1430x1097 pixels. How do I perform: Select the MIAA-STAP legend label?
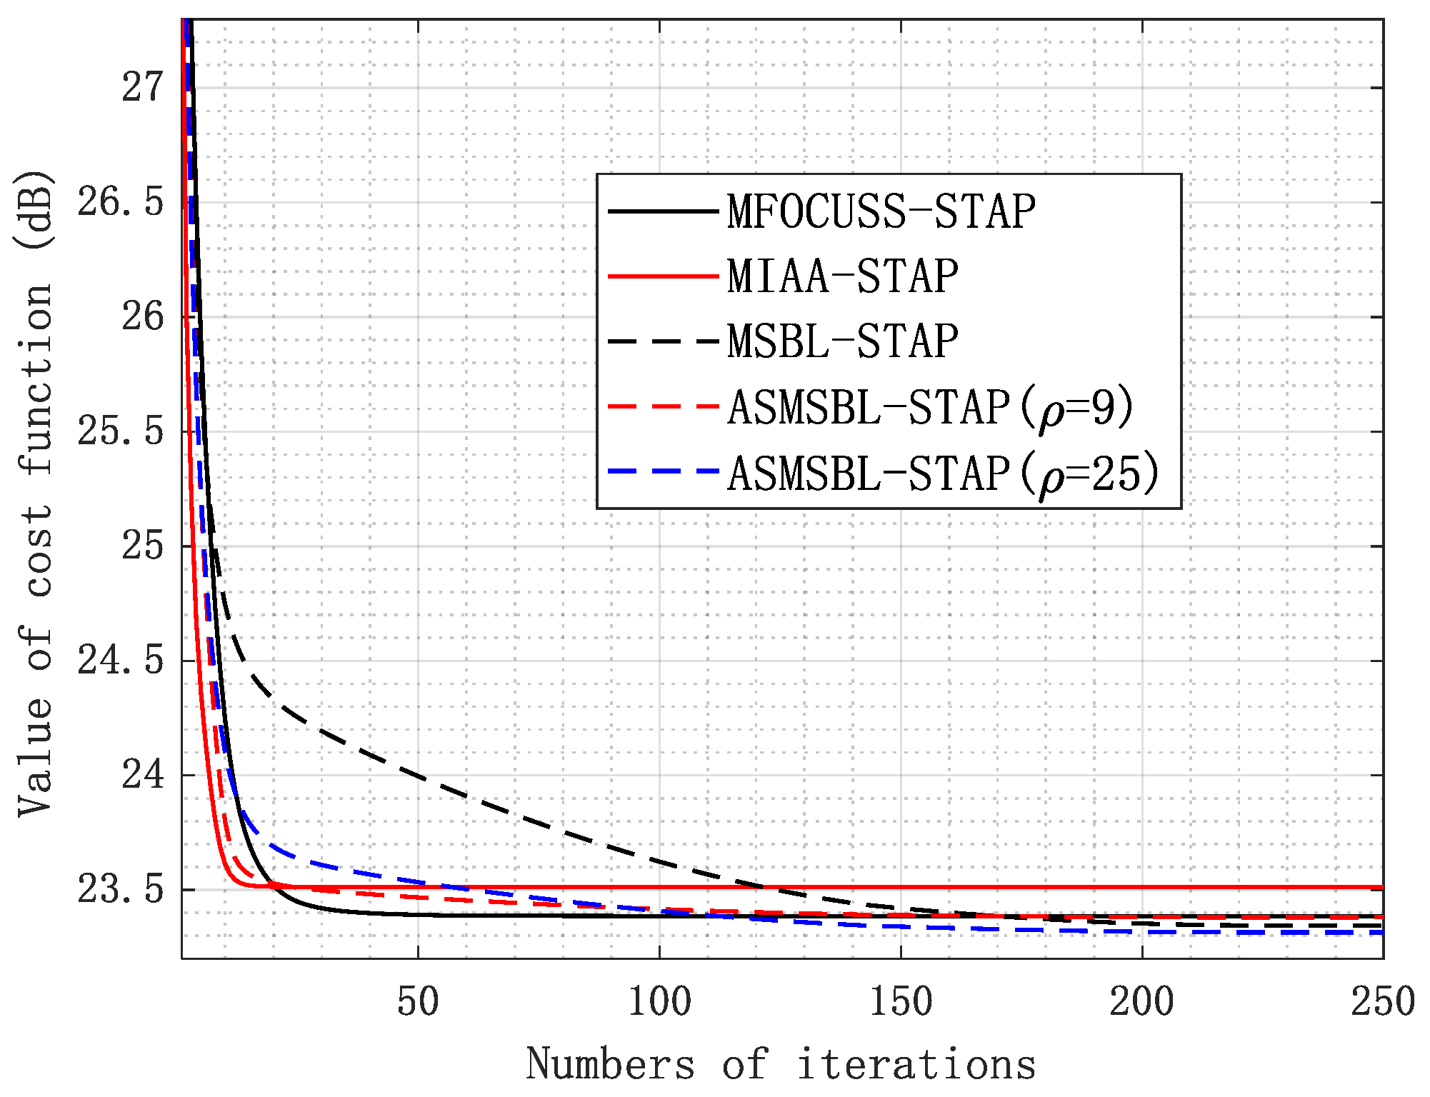(843, 276)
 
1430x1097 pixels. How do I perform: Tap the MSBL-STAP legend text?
(843, 341)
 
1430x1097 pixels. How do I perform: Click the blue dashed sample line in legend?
(663, 471)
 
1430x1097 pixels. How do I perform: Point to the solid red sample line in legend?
(663, 276)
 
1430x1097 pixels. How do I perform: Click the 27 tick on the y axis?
(143, 88)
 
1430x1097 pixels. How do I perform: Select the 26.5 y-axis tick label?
(121, 203)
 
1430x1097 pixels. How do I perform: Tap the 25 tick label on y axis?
(143, 546)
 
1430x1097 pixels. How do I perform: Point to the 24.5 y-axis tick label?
(121, 661)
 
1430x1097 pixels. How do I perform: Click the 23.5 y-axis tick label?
(121, 890)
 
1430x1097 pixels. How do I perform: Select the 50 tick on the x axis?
(418, 1001)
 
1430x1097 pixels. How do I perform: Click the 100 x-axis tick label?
(659, 1001)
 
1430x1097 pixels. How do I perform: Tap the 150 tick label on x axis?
(900, 1001)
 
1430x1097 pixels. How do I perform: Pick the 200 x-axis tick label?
(1141, 1001)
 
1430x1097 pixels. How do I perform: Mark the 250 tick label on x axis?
(1381, 1001)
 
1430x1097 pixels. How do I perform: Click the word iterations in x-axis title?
(916, 1064)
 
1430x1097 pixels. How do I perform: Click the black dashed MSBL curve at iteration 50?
(418, 774)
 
